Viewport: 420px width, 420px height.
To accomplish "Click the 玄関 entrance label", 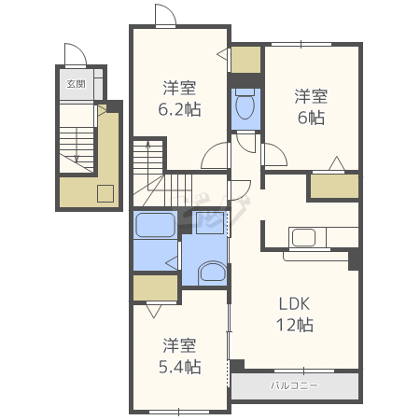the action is (x=76, y=84).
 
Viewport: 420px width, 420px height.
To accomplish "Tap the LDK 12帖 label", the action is (x=295, y=315).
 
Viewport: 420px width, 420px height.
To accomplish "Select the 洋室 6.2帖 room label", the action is (x=179, y=99).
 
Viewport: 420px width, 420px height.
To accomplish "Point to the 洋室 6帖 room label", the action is (x=311, y=107).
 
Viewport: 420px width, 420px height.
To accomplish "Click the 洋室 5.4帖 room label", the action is (x=179, y=356).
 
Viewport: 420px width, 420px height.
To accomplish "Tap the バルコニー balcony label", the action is (x=294, y=385).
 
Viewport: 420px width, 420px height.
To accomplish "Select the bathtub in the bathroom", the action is (x=155, y=225).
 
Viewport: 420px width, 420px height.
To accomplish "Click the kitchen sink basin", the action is (x=303, y=237).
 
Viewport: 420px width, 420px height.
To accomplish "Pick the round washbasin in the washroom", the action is (x=212, y=273).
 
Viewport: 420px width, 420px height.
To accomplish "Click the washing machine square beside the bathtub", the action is (x=210, y=223).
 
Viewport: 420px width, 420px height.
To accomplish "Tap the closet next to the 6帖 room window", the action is (x=245, y=60).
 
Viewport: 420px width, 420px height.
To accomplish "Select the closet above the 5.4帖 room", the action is (x=155, y=287).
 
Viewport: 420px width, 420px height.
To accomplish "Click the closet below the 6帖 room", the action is (x=334, y=186).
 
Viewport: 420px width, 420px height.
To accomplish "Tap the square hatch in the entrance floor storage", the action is (x=105, y=193).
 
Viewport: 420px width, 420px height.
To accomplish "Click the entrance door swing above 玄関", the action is (x=76, y=55).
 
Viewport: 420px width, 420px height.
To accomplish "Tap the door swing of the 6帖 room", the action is (x=274, y=155).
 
